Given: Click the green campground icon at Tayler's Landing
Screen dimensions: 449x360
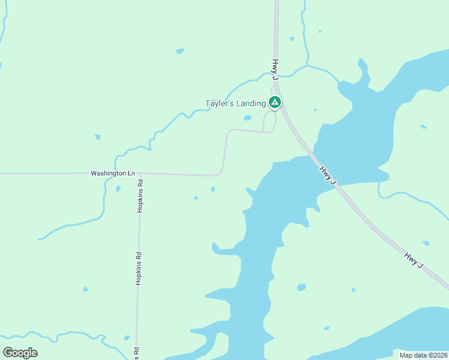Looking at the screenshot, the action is click(274, 103).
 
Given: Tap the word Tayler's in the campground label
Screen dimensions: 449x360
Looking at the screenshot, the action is click(219, 103).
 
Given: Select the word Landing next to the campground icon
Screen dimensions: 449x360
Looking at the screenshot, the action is click(250, 103).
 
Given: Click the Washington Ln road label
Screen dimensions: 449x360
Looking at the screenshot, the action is click(109, 173).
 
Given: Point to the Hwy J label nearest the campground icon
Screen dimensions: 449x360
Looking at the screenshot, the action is click(276, 69).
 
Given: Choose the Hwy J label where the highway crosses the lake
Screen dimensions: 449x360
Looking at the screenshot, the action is click(328, 175).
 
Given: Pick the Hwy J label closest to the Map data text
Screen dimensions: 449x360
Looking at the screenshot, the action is click(414, 260).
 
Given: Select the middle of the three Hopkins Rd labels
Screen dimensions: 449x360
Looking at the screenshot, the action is click(138, 269).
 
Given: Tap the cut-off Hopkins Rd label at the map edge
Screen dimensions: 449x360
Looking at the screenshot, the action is click(137, 353).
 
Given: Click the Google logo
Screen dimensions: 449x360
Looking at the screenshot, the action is click(20, 352).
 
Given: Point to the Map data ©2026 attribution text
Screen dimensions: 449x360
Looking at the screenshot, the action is click(423, 355).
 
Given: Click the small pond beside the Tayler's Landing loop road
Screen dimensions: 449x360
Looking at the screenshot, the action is click(247, 118).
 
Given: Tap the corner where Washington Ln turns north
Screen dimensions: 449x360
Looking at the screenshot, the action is click(221, 173).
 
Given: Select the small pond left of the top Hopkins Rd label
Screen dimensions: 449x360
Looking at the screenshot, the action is click(118, 188).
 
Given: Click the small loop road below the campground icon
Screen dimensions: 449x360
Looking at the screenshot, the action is click(270, 121).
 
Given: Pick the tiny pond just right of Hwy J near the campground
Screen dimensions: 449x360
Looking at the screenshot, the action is click(315, 110).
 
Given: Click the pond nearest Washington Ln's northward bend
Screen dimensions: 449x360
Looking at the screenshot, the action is click(213, 190).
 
